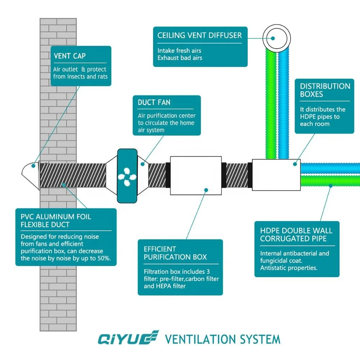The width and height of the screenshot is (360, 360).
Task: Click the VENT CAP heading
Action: pos(70,56)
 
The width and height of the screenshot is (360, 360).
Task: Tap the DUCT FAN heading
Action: pos(154,103)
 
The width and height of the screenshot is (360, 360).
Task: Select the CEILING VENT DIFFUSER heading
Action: pos(199,36)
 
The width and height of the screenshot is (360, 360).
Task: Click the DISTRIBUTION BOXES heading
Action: pos(325,90)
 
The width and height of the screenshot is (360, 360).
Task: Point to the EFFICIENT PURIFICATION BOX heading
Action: pos(175,253)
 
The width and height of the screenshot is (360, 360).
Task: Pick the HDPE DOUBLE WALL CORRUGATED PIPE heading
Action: pos(296,235)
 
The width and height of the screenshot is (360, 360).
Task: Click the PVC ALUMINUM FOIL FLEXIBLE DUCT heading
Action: pos(56,221)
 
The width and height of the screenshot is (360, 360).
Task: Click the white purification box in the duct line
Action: pos(195,175)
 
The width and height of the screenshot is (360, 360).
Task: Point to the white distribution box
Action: pos(276,175)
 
